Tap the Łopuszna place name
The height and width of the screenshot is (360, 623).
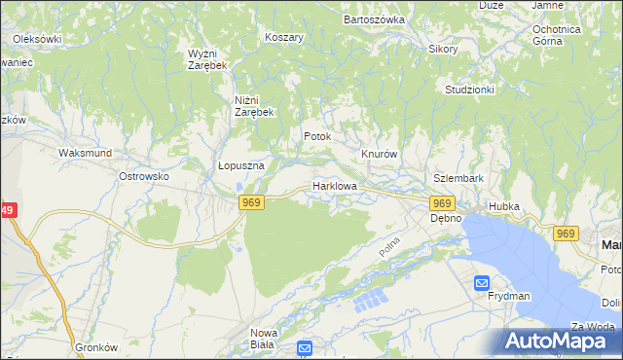click(241, 165)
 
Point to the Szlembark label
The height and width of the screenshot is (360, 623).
click(458, 179)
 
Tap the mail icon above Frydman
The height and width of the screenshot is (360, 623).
click(482, 283)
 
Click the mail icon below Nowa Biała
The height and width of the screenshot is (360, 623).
click(305, 347)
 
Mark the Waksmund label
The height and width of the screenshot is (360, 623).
click(86, 153)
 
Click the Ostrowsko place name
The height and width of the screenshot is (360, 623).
click(144, 176)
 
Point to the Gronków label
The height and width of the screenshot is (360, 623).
click(96, 346)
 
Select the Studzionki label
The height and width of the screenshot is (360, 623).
click(470, 90)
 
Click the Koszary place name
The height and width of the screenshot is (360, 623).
click(284, 37)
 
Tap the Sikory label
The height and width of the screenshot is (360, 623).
click(443, 48)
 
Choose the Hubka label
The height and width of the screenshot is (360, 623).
click(504, 206)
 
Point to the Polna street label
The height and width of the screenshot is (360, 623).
click(390, 245)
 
